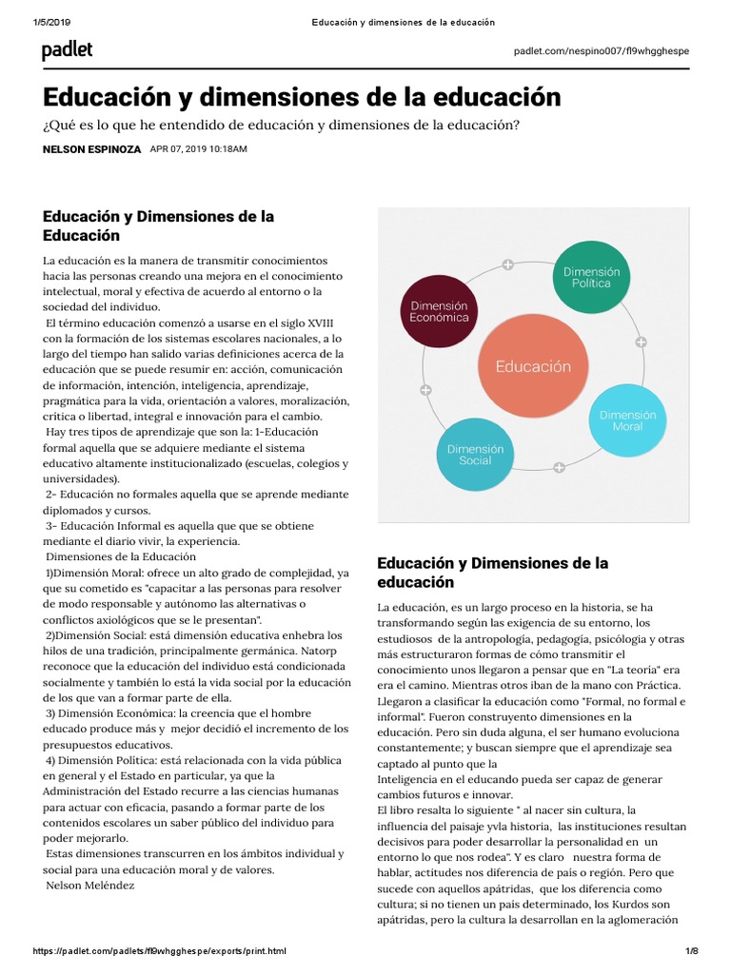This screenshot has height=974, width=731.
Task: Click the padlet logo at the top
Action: [67, 51]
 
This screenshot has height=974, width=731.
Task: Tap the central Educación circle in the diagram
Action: [533, 366]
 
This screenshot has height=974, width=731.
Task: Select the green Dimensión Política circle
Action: [590, 277]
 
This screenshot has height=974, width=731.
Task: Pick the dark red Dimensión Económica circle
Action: [439, 311]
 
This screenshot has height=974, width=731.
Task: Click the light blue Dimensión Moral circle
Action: [627, 420]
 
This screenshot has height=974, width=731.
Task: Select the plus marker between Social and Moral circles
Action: [559, 467]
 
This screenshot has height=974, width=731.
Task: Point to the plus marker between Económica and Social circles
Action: [425, 389]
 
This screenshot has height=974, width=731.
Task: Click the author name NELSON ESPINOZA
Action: [92, 150]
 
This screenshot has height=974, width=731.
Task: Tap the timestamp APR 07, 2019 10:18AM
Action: [198, 150]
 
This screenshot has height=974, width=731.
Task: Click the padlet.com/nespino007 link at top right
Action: [601, 50]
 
